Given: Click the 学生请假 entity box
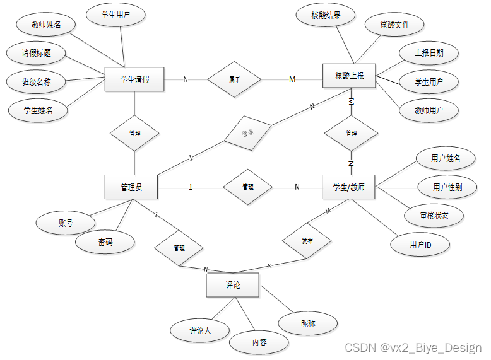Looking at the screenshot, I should (134, 79).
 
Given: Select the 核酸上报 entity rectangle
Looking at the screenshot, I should (349, 76).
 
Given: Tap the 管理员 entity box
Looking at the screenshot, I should (131, 187).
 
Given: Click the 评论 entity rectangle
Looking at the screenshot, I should (232, 286).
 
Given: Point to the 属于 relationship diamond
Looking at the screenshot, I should (234, 79).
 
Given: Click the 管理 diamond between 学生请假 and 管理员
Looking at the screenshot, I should (134, 134).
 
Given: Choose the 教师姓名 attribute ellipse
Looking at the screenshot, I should (45, 25).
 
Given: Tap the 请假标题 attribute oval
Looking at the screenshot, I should (36, 54).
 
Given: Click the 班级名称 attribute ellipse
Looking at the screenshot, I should (36, 82).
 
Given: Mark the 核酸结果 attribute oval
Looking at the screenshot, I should (326, 16).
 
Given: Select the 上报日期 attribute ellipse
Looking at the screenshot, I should (429, 54).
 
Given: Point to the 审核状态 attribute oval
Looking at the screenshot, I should (434, 216).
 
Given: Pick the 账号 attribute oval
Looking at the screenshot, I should (66, 223).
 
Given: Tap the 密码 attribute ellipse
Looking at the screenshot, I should (105, 242).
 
